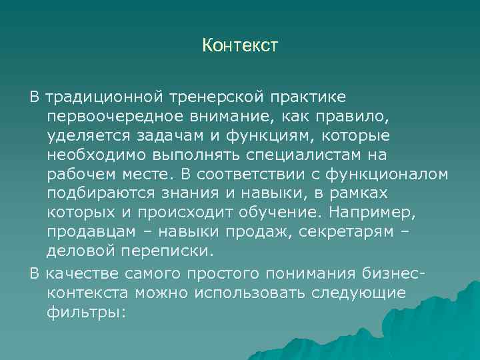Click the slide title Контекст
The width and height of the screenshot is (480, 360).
tap(239, 46)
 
